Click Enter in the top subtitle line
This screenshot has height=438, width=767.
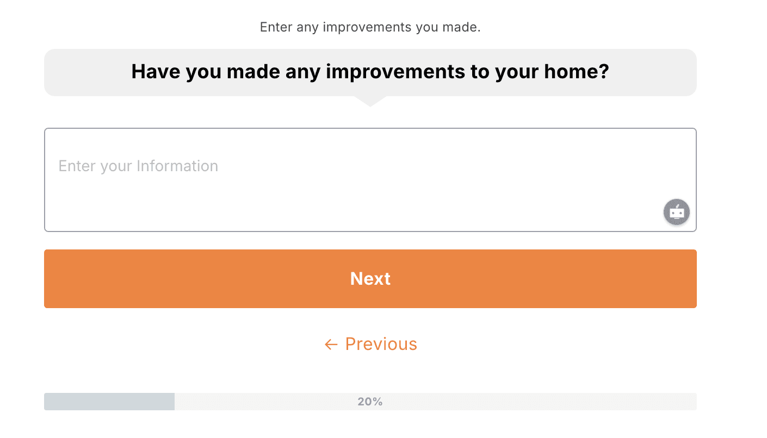[276, 27]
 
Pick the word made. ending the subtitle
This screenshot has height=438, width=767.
[465, 27]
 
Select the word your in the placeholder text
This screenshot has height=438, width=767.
[116, 166]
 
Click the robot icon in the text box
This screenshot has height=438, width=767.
[677, 212]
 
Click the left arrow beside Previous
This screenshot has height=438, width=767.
[331, 344]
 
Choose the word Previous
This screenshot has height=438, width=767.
[381, 344]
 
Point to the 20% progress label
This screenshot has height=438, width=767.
[370, 402]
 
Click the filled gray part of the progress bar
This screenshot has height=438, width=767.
[109, 402]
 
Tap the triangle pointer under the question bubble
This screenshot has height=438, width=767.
[370, 101]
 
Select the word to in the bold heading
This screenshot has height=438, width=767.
[479, 72]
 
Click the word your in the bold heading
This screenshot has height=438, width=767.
[516, 72]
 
